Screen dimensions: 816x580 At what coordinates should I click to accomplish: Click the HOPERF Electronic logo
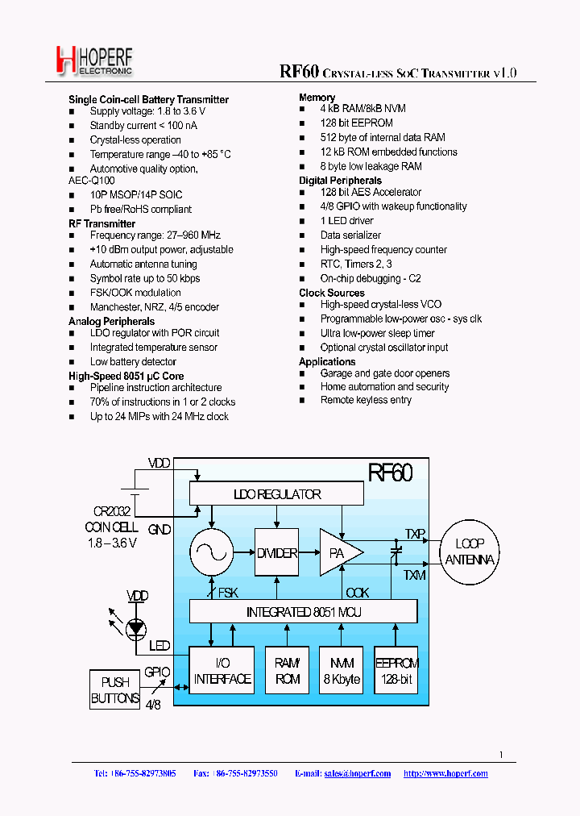[93, 61]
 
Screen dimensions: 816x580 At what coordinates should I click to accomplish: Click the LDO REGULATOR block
[276, 494]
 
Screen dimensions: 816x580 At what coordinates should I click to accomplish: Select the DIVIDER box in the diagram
[276, 553]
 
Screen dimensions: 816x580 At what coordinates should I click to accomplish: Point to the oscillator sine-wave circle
[211, 553]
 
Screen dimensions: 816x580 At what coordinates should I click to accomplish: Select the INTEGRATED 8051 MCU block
[303, 612]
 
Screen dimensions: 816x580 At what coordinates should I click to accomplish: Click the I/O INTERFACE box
[222, 671]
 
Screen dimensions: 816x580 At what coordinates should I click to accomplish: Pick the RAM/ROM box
[288, 671]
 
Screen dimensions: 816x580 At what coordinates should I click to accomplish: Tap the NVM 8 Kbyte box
[340, 671]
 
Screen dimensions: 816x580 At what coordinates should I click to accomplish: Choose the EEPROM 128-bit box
[396, 671]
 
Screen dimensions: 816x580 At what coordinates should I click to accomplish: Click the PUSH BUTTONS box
[115, 690]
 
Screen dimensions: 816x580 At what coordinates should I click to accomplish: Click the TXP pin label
[415, 534]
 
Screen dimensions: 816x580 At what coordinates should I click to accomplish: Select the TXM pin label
[415, 575]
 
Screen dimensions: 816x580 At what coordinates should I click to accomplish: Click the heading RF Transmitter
[102, 223]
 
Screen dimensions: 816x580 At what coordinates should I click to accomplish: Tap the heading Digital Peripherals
[340, 181]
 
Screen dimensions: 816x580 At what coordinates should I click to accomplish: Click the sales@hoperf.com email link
[357, 773]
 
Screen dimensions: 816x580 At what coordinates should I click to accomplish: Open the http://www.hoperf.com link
[445, 773]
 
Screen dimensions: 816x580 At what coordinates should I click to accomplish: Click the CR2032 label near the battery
[111, 511]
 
